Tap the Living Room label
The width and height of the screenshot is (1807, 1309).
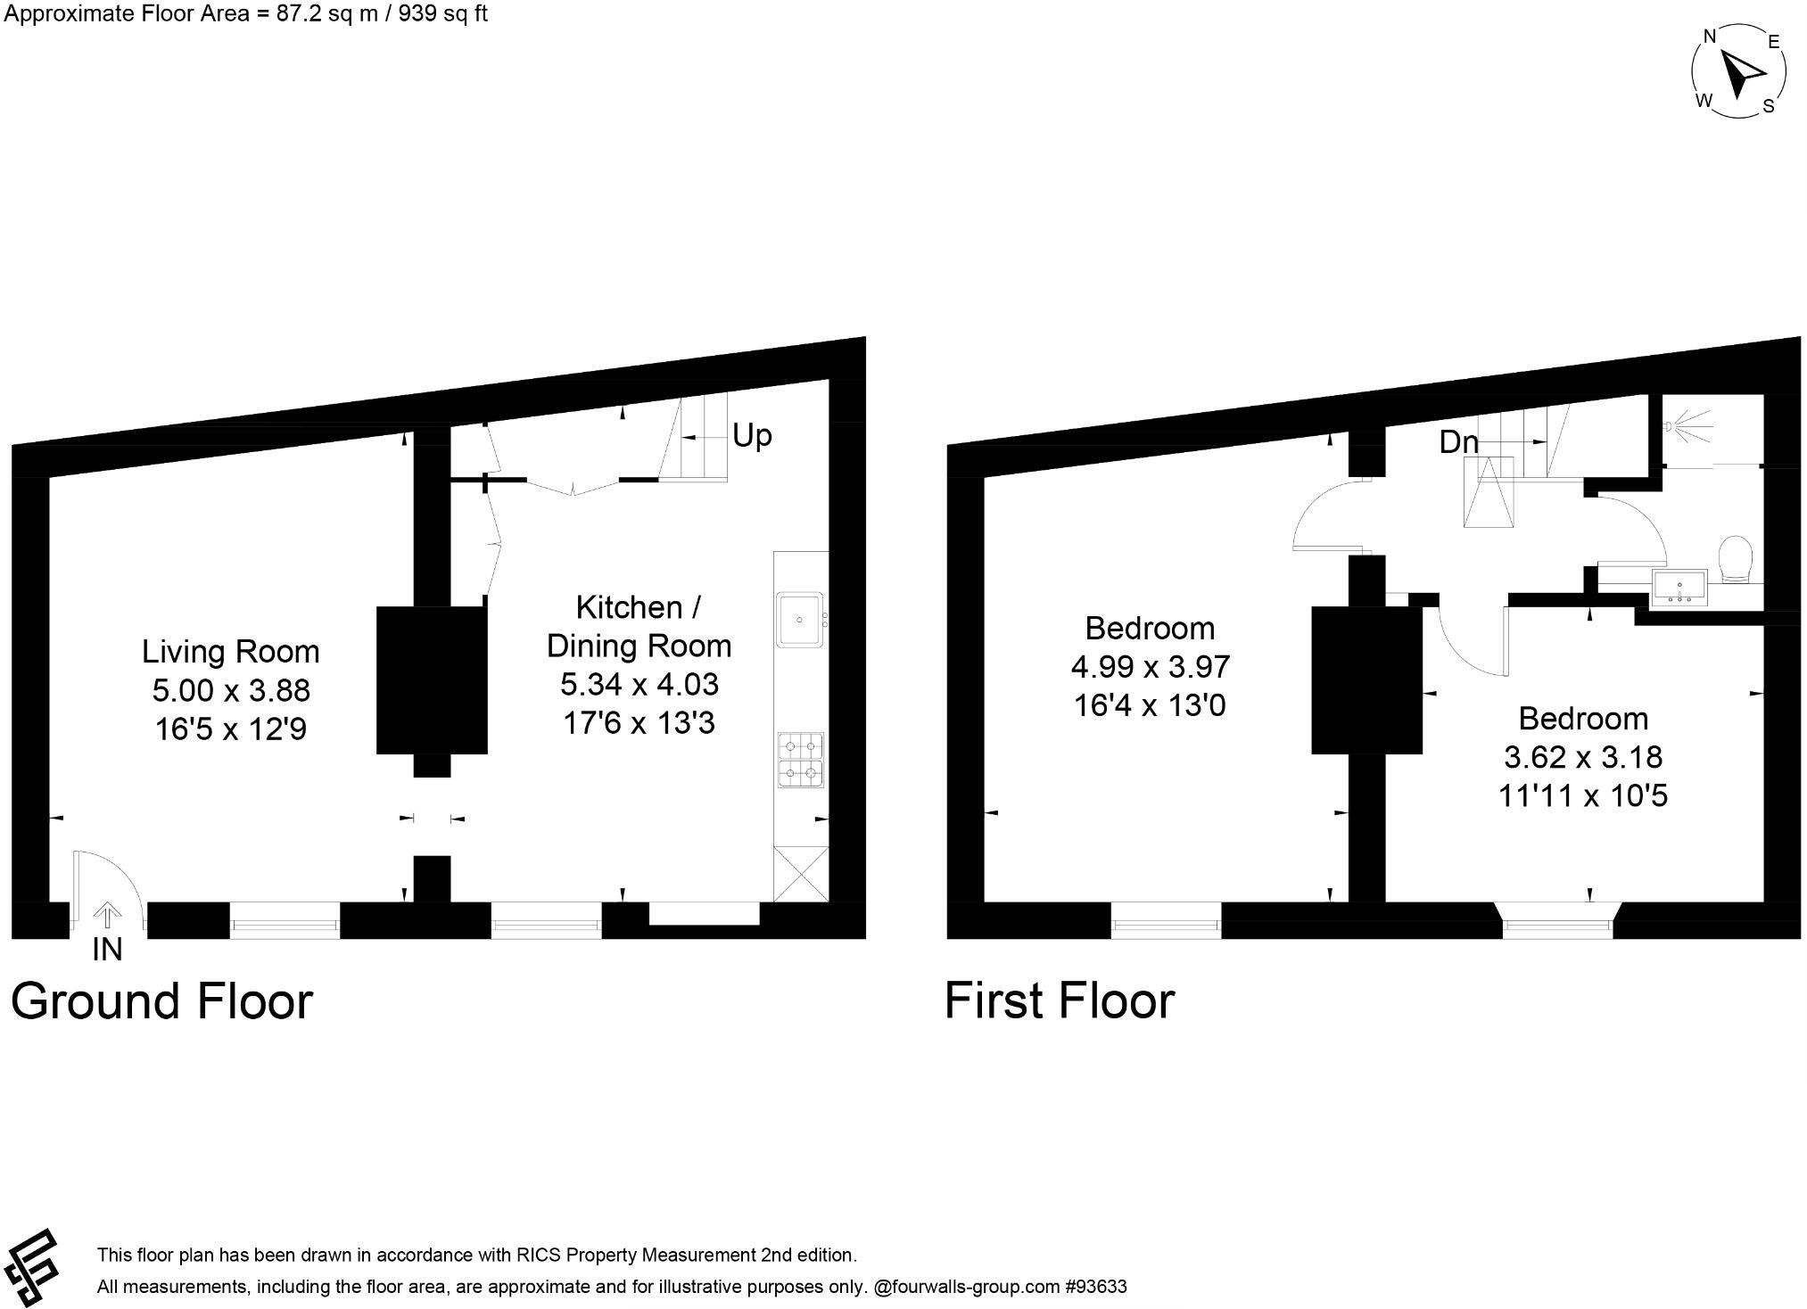[230, 652]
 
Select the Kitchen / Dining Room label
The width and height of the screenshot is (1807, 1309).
[639, 626]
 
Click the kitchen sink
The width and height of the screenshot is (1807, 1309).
[800, 618]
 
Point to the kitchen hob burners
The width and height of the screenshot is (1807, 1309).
[800, 760]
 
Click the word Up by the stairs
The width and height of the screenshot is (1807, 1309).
[751, 436]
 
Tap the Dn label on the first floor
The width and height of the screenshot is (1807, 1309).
[1458, 442]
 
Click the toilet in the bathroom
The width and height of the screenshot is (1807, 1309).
[1735, 558]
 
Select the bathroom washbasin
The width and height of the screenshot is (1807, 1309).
[1679, 588]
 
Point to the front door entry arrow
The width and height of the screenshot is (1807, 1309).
[107, 914]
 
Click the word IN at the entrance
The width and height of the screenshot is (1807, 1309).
[107, 951]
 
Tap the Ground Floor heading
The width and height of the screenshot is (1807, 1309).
[161, 1001]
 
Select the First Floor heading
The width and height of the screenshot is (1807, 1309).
[1060, 1001]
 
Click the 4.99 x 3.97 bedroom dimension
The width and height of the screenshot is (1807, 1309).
[1150, 667]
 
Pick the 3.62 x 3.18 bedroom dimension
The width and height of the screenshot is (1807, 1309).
[1583, 757]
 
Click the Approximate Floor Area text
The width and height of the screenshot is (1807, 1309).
[246, 13]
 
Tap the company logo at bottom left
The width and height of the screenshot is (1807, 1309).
[31, 1270]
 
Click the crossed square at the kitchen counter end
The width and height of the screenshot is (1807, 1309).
[801, 874]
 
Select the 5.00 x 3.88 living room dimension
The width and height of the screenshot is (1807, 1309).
[230, 690]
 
